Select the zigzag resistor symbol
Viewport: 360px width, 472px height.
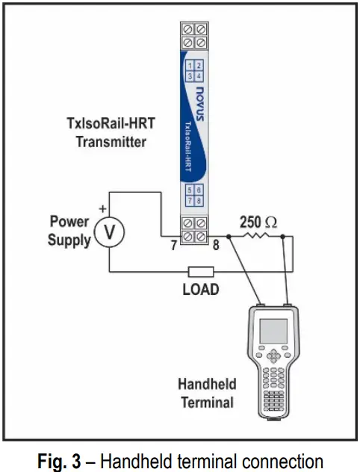pos(257,237)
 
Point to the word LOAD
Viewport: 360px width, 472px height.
pos(201,288)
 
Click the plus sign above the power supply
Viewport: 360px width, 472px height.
pos(103,211)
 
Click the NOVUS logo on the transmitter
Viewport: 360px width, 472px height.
pos(197,93)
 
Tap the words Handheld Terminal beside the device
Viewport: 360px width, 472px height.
pos(206,394)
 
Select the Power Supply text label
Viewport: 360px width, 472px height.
pos(69,231)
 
